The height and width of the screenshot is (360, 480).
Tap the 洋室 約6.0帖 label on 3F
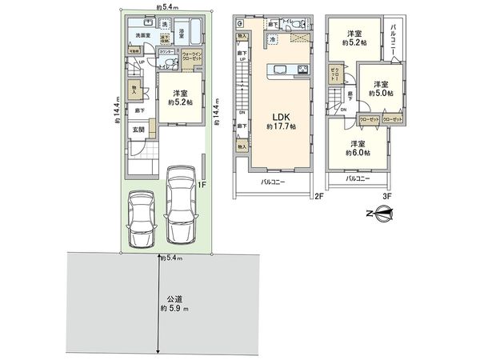point(355,148)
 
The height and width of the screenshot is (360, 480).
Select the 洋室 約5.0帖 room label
point(378,88)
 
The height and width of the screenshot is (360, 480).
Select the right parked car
point(180,203)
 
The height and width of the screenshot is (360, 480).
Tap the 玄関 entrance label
point(138,130)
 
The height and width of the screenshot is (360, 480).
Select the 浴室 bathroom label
point(182,33)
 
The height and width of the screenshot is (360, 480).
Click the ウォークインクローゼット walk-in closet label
point(192,56)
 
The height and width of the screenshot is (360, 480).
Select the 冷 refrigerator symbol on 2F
point(274,39)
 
